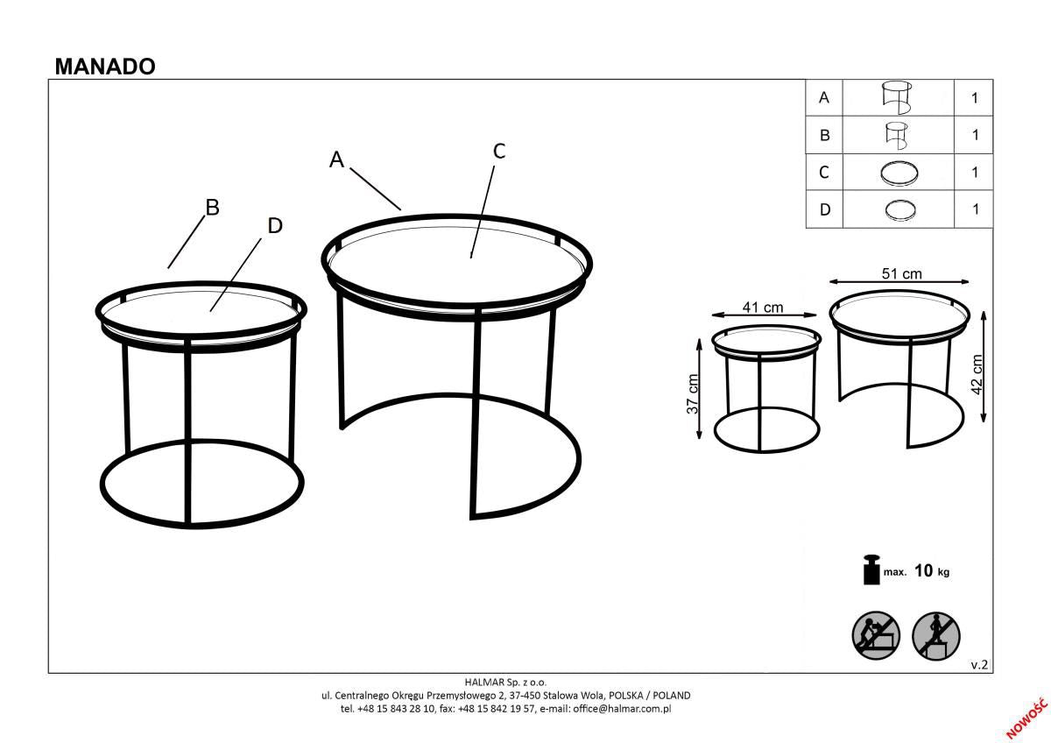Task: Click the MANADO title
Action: (x=105, y=67)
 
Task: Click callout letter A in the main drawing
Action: (x=336, y=159)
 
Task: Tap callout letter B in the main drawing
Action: (x=211, y=208)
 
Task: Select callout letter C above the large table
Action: (x=498, y=151)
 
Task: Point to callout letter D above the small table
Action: (x=274, y=226)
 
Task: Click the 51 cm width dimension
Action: (x=901, y=274)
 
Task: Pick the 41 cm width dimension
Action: (x=762, y=308)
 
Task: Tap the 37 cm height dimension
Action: (x=692, y=393)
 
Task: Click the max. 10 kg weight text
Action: (x=915, y=571)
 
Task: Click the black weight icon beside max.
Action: (x=871, y=570)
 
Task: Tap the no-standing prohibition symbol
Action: (x=936, y=635)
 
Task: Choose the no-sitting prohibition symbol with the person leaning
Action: (x=876, y=635)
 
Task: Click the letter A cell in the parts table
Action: (x=823, y=98)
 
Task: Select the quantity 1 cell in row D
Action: (x=974, y=209)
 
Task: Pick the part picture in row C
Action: (x=898, y=173)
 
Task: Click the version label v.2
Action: (x=979, y=665)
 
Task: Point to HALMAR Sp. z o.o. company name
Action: (x=505, y=682)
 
